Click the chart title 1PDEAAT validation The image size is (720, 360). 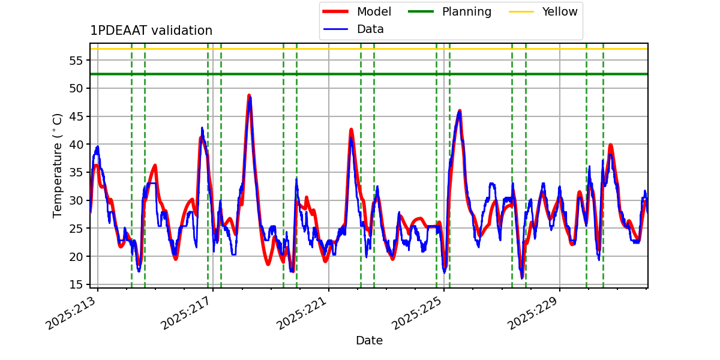151,31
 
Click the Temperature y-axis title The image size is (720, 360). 58,165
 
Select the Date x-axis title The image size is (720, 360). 369,341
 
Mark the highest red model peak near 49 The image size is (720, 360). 249,95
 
